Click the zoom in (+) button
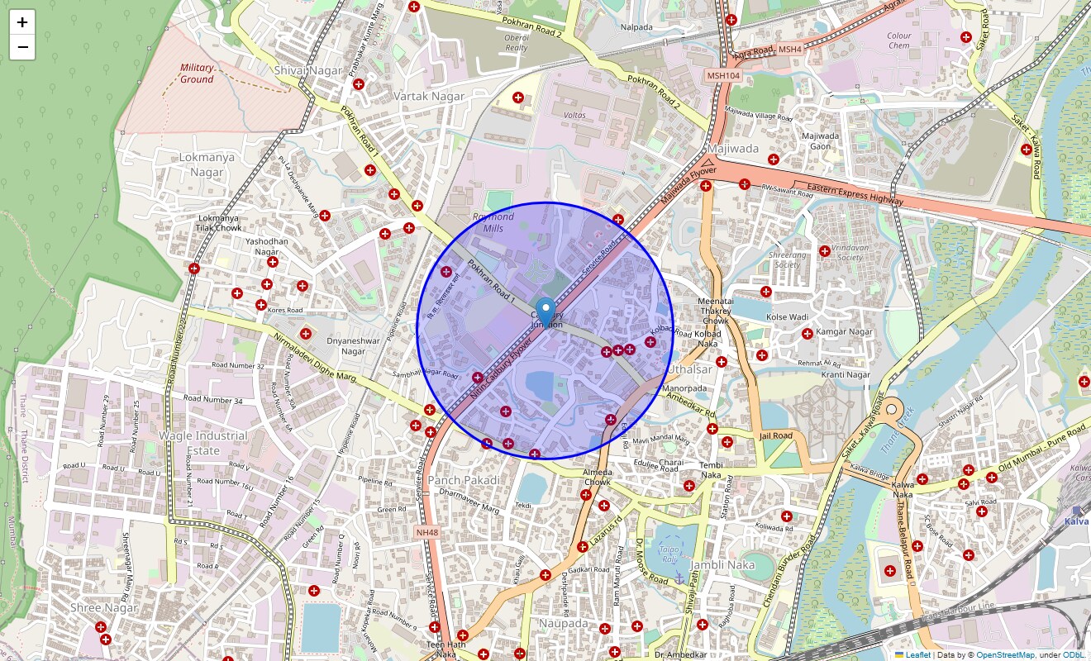[x=22, y=22]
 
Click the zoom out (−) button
[x=22, y=47]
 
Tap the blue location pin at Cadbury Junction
[x=545, y=312]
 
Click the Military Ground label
[x=197, y=74]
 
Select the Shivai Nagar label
[x=308, y=71]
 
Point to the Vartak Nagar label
[x=429, y=97]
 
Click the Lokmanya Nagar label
[x=207, y=164]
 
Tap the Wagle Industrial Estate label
[x=203, y=443]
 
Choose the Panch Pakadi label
[x=464, y=480]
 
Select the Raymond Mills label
[x=493, y=222]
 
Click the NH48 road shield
[x=426, y=533]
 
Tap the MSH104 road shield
[x=723, y=76]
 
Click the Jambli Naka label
[x=722, y=565]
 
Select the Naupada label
[x=563, y=623]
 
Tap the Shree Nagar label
[x=103, y=608]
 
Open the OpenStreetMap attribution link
[x=1005, y=655]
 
